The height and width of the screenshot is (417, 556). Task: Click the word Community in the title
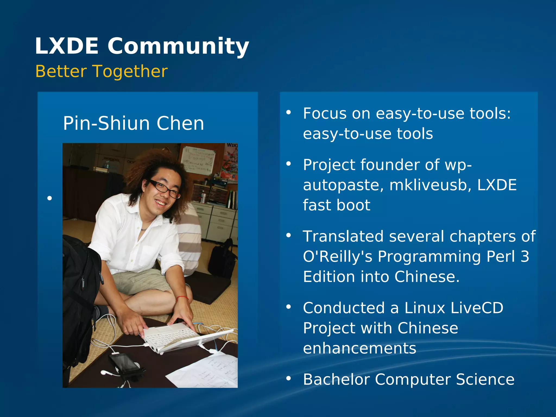pos(178,46)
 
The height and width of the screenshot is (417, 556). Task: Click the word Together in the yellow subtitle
pos(130,71)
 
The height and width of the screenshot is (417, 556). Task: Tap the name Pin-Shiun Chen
pos(133,123)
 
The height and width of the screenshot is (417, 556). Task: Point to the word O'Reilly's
pos(338,257)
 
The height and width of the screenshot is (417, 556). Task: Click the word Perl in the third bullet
pos(500,257)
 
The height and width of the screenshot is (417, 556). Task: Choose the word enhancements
pos(359,348)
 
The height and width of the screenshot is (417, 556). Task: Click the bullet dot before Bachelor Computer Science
pos(288,378)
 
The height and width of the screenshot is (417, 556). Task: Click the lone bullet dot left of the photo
pos(49,198)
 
